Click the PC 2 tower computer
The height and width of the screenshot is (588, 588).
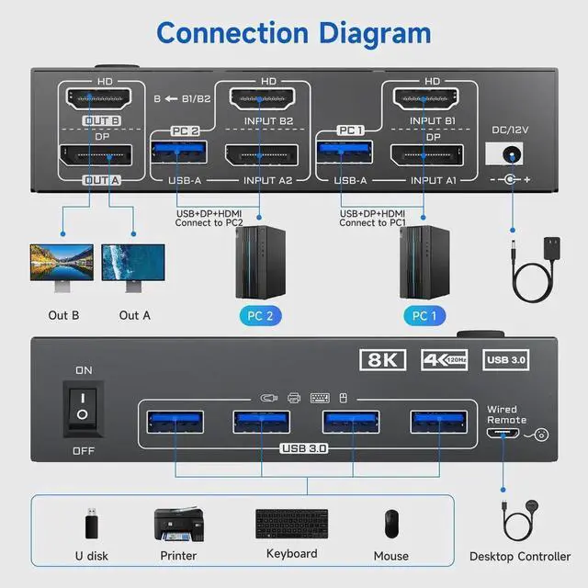tap(260, 263)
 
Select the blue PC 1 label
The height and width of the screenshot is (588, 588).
tap(425, 316)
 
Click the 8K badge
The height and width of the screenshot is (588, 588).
tap(383, 359)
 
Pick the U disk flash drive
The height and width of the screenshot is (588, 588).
tap(90, 523)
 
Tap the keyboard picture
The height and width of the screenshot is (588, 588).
tap(291, 525)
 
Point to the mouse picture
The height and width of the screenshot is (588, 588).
tap(392, 524)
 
